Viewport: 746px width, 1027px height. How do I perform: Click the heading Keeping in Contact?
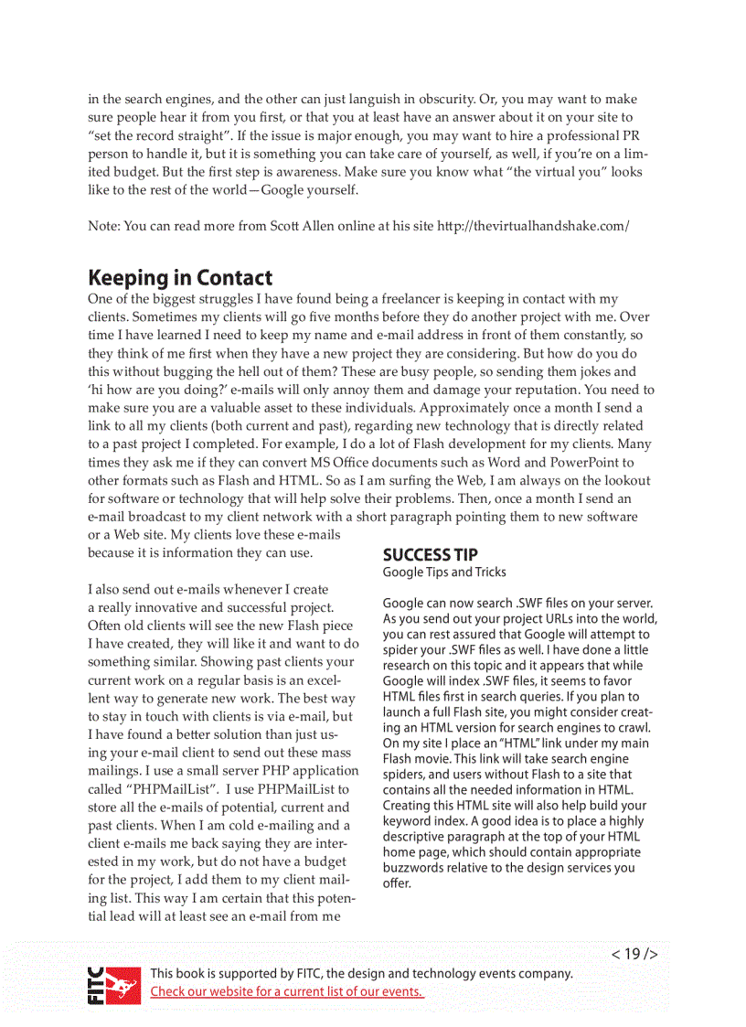coord(180,277)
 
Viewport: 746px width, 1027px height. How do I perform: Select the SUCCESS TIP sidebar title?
coord(430,555)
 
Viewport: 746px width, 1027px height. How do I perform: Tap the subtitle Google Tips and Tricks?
coord(443,572)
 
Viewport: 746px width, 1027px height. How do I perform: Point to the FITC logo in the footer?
coord(114,984)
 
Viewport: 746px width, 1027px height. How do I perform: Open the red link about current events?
coord(287,991)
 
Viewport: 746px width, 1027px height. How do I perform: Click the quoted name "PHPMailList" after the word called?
coord(171,789)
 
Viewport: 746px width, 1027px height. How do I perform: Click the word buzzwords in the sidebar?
coord(413,868)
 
